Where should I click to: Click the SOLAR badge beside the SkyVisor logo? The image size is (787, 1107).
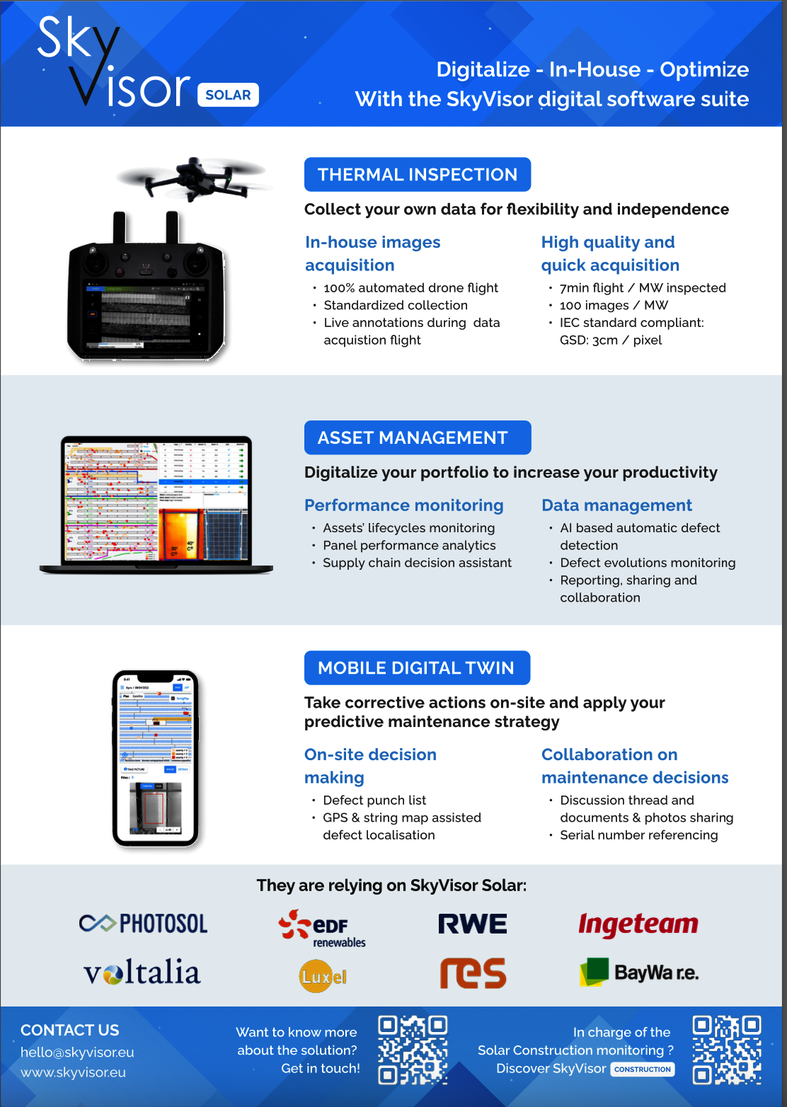click(x=228, y=95)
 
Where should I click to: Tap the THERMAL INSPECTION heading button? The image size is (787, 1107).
click(x=418, y=175)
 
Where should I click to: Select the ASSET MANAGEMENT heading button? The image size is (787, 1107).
click(x=418, y=437)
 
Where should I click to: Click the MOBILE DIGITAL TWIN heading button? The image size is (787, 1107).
click(x=417, y=667)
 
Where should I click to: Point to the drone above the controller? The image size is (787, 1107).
click(x=192, y=177)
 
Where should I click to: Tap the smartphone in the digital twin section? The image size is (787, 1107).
click(x=156, y=758)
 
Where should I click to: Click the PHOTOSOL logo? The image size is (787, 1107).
click(x=144, y=924)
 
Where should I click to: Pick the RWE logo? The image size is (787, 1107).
click(x=473, y=924)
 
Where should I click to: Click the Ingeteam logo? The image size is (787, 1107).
click(x=638, y=924)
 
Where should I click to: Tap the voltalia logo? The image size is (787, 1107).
click(x=142, y=973)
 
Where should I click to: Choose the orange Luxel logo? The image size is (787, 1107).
click(x=323, y=977)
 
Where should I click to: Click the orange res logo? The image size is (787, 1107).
click(x=473, y=973)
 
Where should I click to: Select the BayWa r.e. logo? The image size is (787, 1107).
click(x=639, y=973)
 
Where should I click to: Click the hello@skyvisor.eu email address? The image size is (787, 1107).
click(x=77, y=1052)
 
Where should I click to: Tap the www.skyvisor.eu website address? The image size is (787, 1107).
click(x=73, y=1072)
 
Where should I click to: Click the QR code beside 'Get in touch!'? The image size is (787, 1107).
click(x=413, y=1050)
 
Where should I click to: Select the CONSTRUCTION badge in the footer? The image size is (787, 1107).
click(x=643, y=1069)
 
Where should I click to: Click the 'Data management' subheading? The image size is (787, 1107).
click(x=616, y=505)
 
